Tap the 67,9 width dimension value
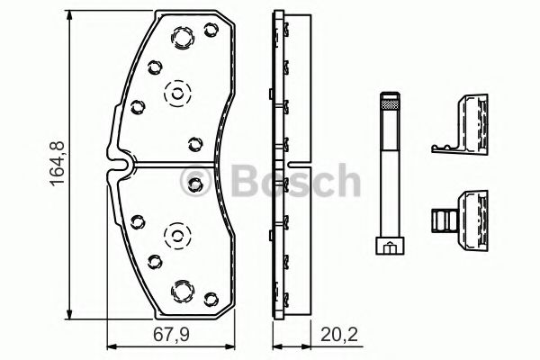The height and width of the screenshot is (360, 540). tap(171, 335)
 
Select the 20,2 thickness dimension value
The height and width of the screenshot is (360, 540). tap(339, 335)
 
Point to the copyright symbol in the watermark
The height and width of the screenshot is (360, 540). tap(195, 181)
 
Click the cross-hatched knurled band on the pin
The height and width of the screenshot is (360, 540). tap(391, 104)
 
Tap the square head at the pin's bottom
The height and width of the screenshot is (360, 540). tap(390, 246)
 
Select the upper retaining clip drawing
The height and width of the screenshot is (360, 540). tap(460, 123)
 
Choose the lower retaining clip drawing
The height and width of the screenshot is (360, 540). tap(460, 220)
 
